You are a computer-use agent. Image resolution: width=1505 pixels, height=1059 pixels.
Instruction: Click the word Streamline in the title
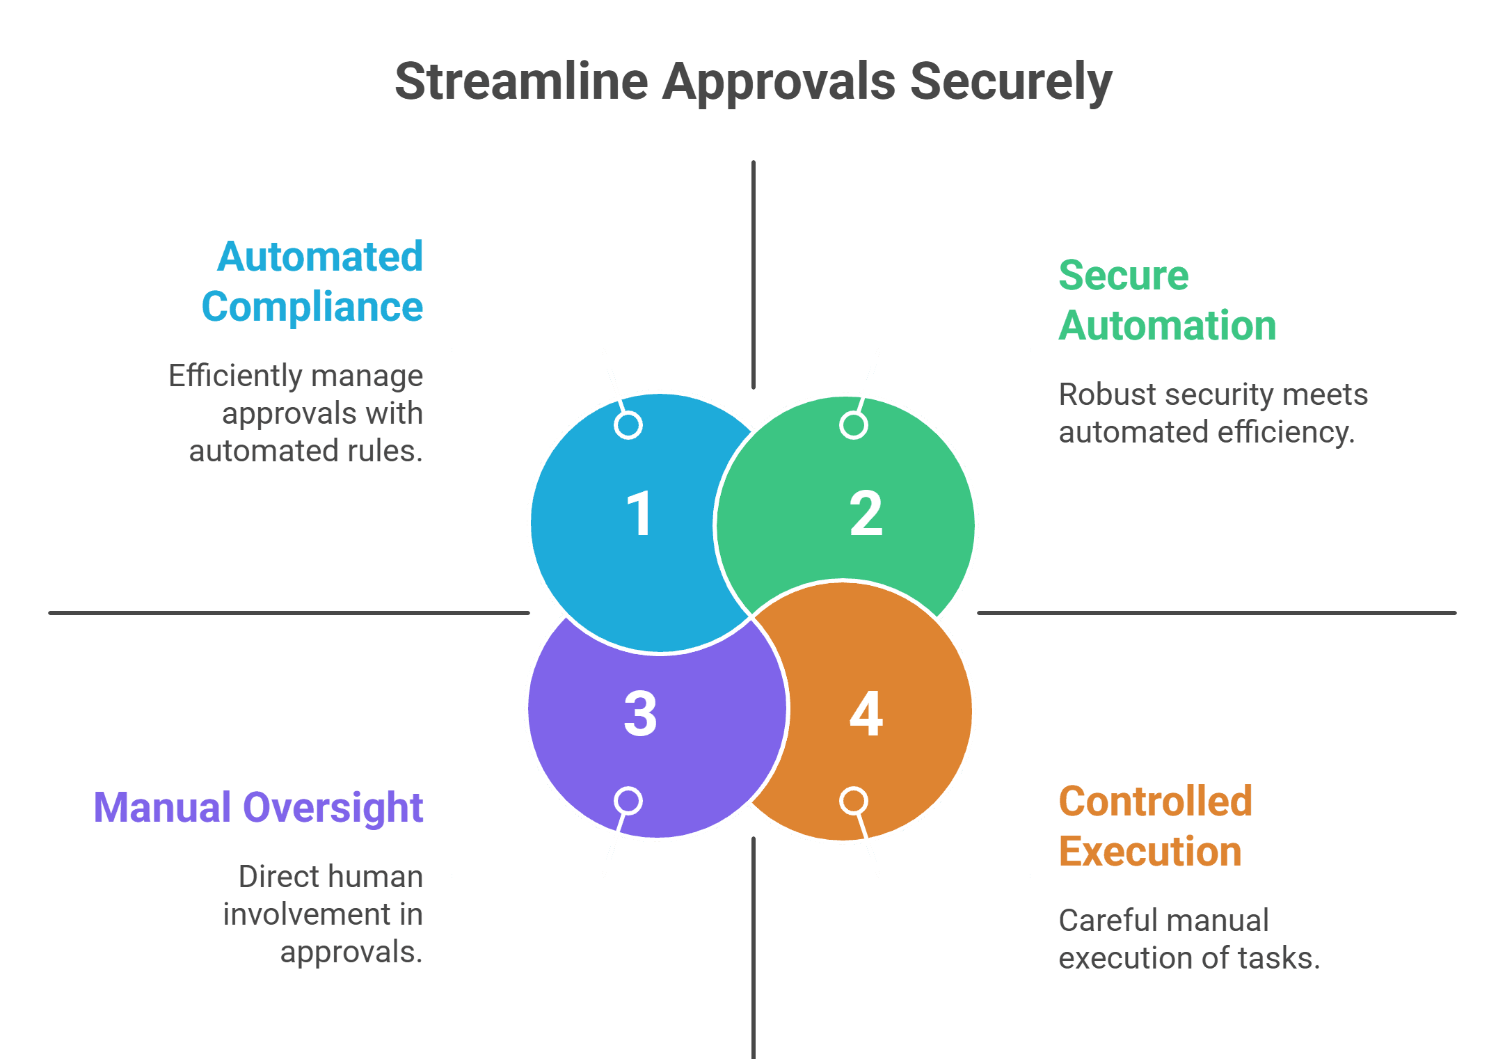(x=522, y=82)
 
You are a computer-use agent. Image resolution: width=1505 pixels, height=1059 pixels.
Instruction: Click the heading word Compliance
(x=312, y=307)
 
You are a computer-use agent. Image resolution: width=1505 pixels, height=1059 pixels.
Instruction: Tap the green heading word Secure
(x=1123, y=276)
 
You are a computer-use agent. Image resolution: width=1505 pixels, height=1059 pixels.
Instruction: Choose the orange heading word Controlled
(x=1155, y=802)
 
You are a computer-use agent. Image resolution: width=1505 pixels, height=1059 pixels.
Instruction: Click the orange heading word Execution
(x=1149, y=852)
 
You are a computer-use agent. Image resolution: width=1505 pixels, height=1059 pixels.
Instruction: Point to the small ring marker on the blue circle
(x=628, y=425)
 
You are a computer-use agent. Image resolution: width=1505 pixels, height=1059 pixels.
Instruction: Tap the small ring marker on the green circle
(x=854, y=425)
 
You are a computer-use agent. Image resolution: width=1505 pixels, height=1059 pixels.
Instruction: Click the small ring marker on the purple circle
(x=628, y=801)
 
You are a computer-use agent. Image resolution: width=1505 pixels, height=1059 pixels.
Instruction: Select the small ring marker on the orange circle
(x=854, y=801)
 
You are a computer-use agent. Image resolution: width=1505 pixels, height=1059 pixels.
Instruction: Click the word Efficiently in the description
(x=234, y=376)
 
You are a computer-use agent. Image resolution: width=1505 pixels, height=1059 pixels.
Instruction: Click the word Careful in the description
(x=1104, y=921)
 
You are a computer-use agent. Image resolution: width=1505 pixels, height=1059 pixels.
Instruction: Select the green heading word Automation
(x=1167, y=326)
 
